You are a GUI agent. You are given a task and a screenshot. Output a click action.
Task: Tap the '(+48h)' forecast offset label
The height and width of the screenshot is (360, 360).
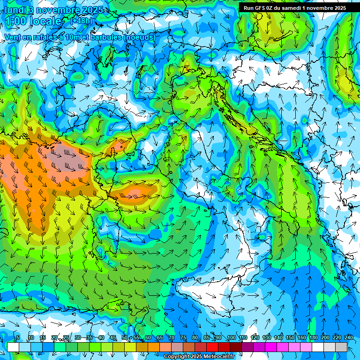pyautogui.click(x=81, y=21)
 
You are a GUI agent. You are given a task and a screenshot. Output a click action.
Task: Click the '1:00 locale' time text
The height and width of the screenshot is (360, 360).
pyautogui.click(x=33, y=21)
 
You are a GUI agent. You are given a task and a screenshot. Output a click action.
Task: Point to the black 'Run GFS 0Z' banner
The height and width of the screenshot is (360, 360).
pyautogui.click(x=294, y=7)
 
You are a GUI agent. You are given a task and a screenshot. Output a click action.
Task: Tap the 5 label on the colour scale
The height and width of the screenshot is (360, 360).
pyautogui.click(x=18, y=338)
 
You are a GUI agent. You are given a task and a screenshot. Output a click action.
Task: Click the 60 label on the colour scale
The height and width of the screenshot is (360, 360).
pyautogui.click(x=148, y=338)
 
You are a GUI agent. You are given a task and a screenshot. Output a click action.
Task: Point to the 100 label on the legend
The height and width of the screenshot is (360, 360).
pyautogui.click(x=231, y=338)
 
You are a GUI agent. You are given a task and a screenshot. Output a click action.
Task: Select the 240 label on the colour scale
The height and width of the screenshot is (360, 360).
pyautogui.click(x=348, y=338)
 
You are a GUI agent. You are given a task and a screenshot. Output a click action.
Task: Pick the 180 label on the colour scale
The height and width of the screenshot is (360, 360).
pyautogui.click(x=313, y=338)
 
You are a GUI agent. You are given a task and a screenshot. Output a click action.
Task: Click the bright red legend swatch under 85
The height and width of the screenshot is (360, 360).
pyautogui.click(x=212, y=347)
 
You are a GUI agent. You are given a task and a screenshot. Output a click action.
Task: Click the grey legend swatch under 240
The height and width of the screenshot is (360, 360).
pyautogui.click(x=341, y=347)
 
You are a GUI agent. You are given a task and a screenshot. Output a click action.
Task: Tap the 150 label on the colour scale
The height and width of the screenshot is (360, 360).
pyautogui.click(x=290, y=338)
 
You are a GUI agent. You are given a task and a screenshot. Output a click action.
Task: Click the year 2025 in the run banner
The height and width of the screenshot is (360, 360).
pyautogui.click(x=338, y=7)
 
